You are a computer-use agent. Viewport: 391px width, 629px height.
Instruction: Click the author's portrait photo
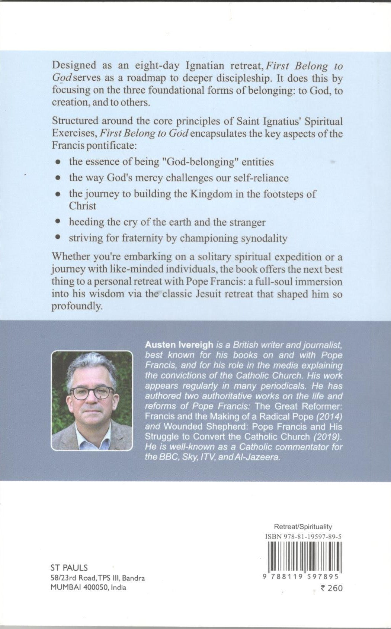click(92, 400)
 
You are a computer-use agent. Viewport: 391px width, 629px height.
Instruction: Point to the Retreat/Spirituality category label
click(303, 526)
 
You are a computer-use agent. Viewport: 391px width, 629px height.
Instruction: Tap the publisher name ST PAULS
click(69, 568)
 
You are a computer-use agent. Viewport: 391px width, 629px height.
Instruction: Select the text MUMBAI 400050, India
click(88, 587)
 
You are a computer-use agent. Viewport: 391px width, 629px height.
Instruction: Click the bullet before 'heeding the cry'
click(58, 222)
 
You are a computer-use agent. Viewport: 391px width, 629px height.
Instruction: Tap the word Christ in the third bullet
click(82, 206)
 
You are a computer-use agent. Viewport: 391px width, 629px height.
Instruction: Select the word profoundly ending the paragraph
click(77, 307)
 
